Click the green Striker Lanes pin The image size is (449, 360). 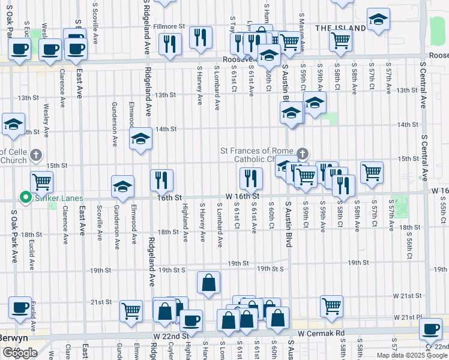coord(25,197)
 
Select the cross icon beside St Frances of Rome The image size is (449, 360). coord(302,154)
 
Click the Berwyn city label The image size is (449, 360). coord(11,339)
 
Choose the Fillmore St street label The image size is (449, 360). coord(168,27)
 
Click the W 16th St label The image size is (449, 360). coord(243,196)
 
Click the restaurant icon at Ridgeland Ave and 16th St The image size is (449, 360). coord(161,179)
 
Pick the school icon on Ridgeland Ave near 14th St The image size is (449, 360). coord(140,140)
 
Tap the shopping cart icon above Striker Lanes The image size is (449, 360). coord(41,181)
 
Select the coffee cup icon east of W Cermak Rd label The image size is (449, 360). coord(430,329)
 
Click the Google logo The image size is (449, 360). coord(20,353)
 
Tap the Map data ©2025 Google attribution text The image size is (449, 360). coord(411,355)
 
